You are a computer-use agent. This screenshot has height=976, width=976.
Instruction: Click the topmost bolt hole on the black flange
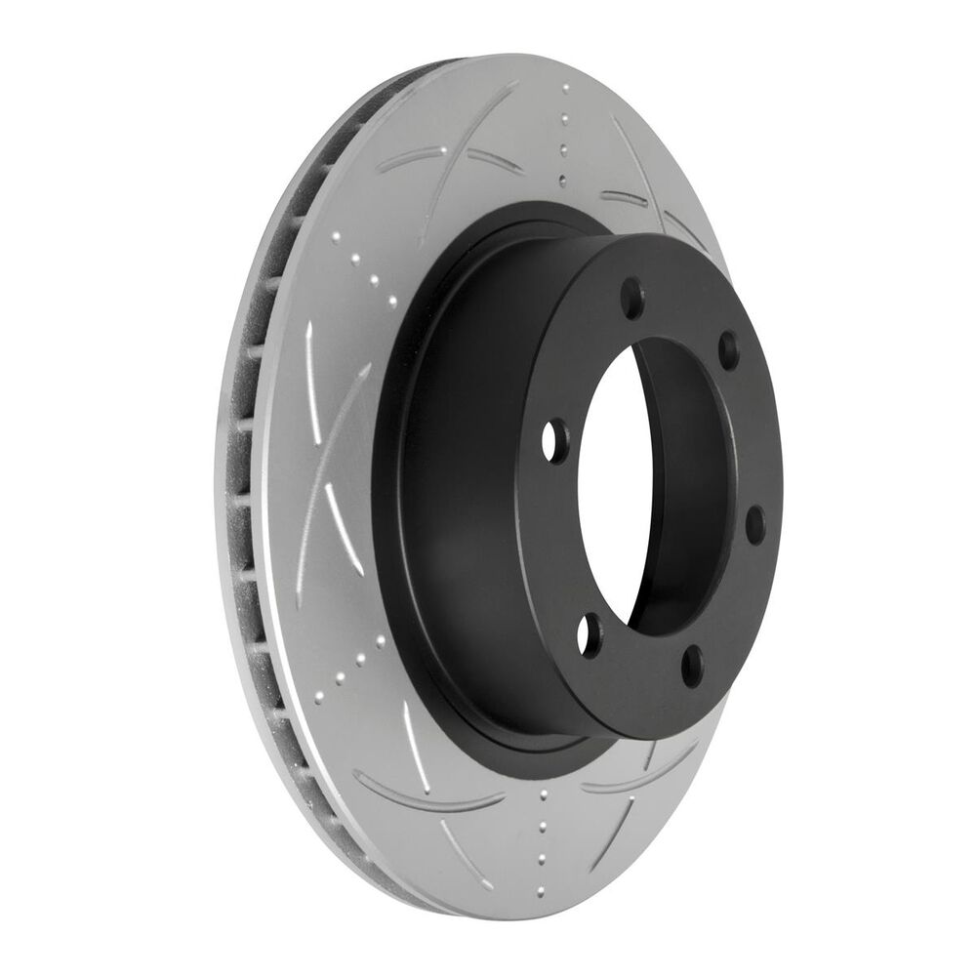tap(632, 296)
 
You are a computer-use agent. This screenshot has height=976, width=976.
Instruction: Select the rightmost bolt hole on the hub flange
tap(754, 523)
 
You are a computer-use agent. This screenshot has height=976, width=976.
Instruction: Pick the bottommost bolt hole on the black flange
tap(692, 666)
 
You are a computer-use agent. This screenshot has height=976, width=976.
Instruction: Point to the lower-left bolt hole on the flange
tap(587, 634)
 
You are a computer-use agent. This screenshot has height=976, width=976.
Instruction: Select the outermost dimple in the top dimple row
tap(564, 89)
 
